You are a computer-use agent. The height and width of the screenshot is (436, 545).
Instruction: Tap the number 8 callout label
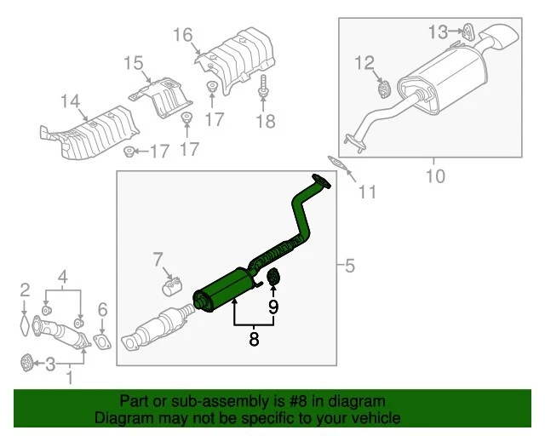253,339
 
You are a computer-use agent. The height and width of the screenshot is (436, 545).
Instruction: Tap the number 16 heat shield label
183,35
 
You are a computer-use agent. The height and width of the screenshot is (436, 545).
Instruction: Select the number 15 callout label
134,63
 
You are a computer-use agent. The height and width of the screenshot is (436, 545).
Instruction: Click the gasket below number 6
101,343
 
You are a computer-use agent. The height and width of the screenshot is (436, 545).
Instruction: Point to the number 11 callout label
366,192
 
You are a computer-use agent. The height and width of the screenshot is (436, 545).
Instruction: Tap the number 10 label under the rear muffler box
435,177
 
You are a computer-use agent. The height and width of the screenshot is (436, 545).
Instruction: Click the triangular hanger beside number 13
466,34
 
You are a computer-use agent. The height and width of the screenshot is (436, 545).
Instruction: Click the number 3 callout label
51,365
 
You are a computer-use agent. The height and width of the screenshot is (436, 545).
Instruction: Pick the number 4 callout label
63,275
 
